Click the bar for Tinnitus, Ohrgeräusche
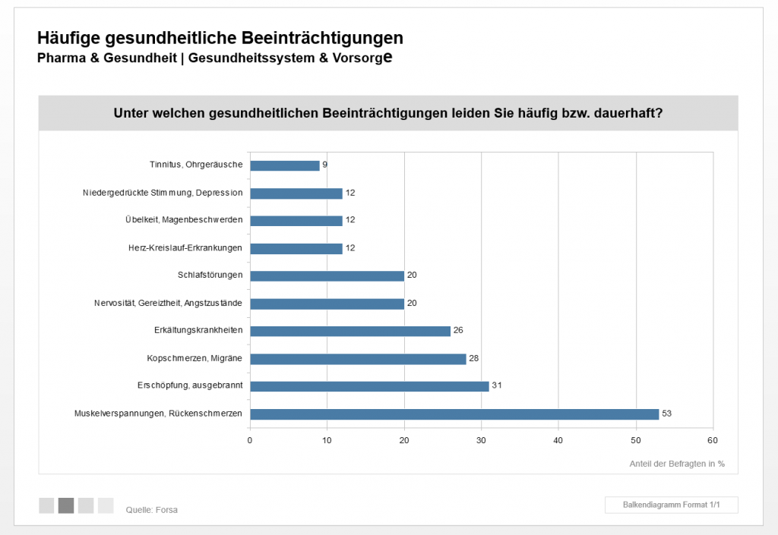pyautogui.click(x=284, y=165)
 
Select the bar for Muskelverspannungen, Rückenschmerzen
pyautogui.click(x=454, y=414)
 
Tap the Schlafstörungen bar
pyautogui.click(x=327, y=275)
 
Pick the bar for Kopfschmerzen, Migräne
pyautogui.click(x=358, y=359)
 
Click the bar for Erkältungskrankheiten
pyautogui.click(x=349, y=331)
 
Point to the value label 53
pyautogui.click(x=667, y=414)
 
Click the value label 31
pyautogui.click(x=497, y=386)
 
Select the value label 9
pyautogui.click(x=324, y=165)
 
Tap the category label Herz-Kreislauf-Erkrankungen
pyautogui.click(x=185, y=248)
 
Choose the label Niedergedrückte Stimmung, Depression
pyautogui.click(x=163, y=193)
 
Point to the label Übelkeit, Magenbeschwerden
pyautogui.click(x=184, y=220)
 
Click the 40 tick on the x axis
pyautogui.click(x=558, y=440)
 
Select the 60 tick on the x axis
pyautogui.click(x=712, y=440)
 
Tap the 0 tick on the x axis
pyautogui.click(x=250, y=440)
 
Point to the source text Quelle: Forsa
pyautogui.click(x=151, y=510)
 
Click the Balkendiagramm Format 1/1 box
pyautogui.click(x=671, y=505)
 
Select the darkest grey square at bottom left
pyautogui.click(x=66, y=505)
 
